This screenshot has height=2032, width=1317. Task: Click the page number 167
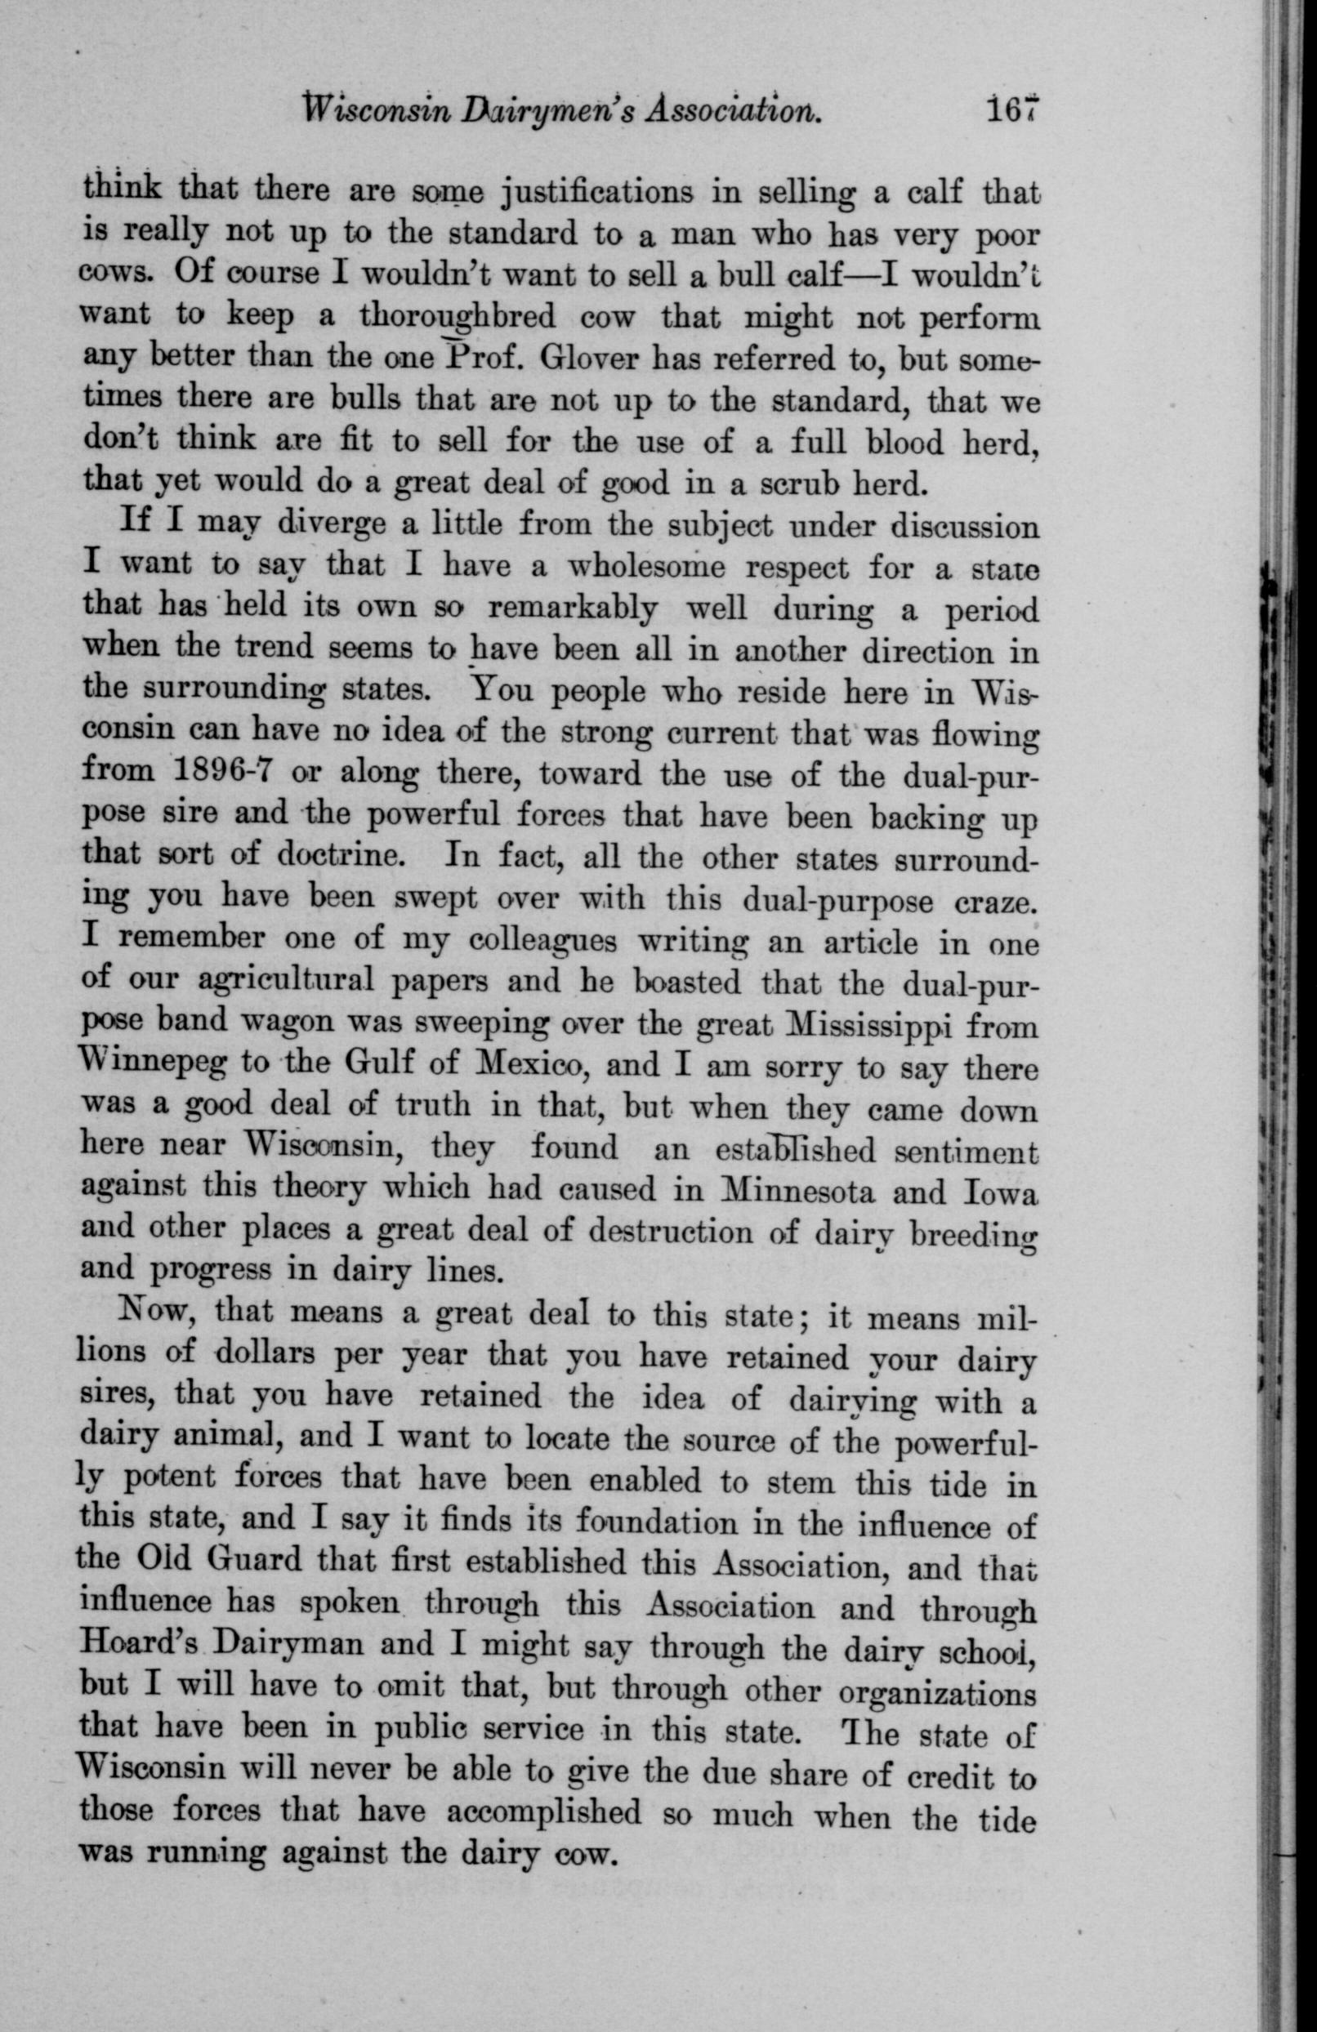[1014, 111]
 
